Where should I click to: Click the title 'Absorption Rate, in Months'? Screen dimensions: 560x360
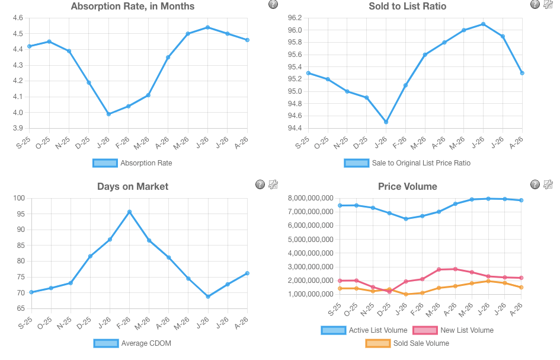(x=133, y=7)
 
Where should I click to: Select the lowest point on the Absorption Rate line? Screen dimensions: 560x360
(x=108, y=114)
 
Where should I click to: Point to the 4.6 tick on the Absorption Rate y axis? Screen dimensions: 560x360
(x=18, y=18)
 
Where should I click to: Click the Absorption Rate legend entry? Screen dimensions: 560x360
(x=132, y=163)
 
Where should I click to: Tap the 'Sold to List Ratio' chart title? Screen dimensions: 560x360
(x=408, y=7)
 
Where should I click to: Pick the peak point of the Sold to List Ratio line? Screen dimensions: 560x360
(x=483, y=24)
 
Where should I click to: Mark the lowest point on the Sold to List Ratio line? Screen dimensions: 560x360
(x=386, y=122)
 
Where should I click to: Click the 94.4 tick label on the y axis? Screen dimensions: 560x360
(x=295, y=128)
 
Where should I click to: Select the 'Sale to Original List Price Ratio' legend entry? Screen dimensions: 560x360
(x=407, y=163)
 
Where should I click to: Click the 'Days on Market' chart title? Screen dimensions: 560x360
(x=133, y=187)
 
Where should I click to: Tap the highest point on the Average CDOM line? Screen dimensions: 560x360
(x=129, y=212)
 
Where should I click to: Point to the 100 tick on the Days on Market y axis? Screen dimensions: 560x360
(x=19, y=198)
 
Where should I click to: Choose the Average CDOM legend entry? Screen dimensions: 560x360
(x=132, y=343)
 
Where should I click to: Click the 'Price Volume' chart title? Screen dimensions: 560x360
(x=408, y=187)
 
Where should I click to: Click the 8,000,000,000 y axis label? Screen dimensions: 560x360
(x=311, y=198)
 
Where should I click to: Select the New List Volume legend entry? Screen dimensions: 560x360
(x=453, y=330)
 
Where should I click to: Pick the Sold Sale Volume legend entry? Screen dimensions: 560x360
(x=407, y=343)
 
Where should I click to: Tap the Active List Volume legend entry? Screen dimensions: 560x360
(x=364, y=330)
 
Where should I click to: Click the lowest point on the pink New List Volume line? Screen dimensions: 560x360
(x=389, y=292)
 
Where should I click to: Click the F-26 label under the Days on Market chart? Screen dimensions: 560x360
(x=124, y=323)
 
